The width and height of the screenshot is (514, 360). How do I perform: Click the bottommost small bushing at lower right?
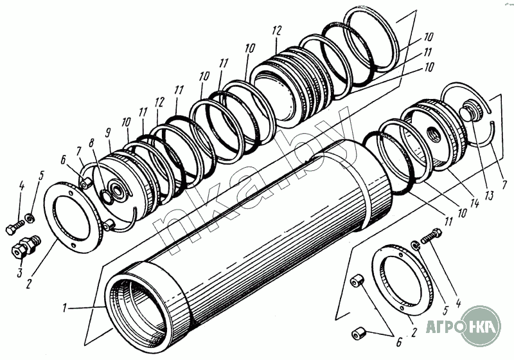tap(359, 335)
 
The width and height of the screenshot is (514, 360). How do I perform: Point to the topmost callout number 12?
tap(277, 30)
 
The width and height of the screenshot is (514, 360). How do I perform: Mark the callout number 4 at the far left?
tap(21, 186)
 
